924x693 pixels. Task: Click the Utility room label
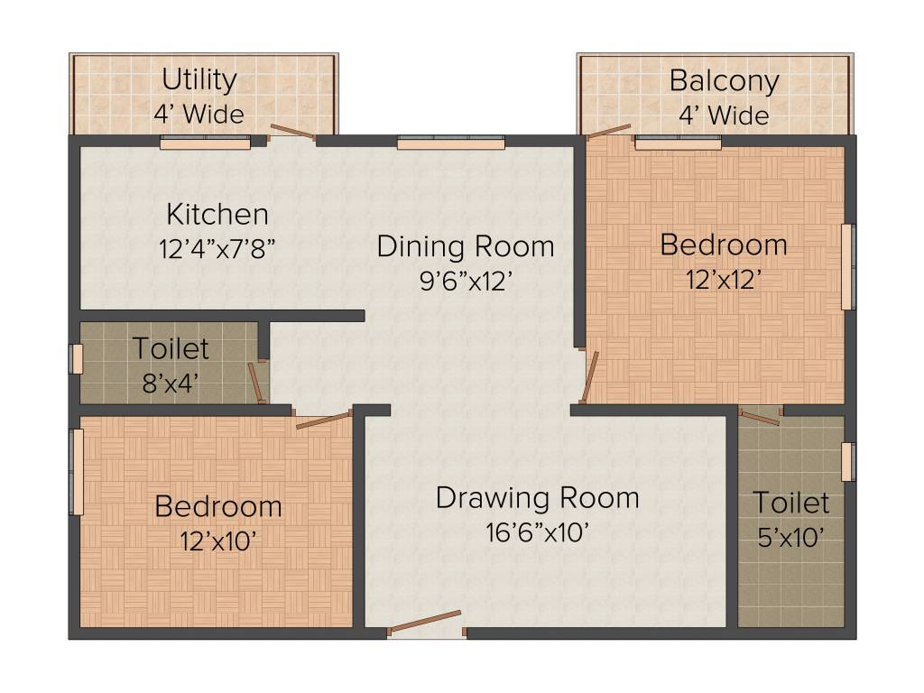coord(199,79)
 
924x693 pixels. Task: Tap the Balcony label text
coord(724,80)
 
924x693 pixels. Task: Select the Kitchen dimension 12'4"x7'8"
coord(217,249)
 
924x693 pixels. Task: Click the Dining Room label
coord(466,245)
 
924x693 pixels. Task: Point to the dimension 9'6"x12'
coord(466,281)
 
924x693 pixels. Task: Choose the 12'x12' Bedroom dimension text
coord(723,279)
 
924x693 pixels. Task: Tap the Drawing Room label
coord(537,497)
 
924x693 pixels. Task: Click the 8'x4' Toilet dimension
coord(171,383)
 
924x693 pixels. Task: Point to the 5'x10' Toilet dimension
coord(790,538)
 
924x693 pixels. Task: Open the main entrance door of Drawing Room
coord(424,624)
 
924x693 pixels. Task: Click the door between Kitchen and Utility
coord(291,134)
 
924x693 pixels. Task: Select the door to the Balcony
coord(608,132)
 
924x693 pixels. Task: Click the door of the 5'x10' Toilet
coord(760,416)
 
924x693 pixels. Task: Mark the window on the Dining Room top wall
coord(450,142)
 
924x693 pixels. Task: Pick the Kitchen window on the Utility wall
coord(205,142)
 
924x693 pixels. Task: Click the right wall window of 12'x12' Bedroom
coord(847,266)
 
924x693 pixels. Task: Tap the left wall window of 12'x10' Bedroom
coord(78,472)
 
